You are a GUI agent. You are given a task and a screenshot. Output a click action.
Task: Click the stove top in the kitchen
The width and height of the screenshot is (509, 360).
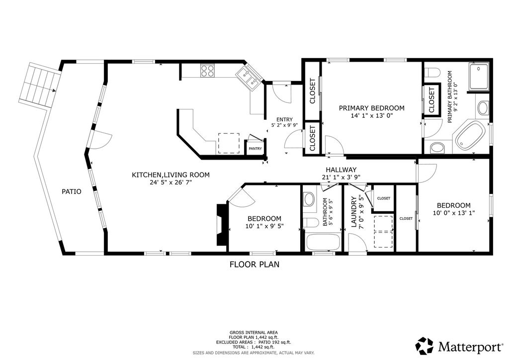point(207,71)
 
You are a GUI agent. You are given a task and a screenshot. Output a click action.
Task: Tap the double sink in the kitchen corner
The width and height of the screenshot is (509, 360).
point(249,78)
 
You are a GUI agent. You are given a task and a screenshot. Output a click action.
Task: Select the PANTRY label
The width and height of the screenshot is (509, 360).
point(255,149)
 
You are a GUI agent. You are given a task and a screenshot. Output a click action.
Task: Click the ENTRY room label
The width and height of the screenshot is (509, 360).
point(284,119)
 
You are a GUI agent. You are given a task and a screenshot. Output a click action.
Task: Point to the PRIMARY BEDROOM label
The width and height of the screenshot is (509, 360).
point(372,108)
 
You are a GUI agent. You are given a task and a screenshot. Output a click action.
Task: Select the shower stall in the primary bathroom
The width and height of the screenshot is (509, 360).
point(478,77)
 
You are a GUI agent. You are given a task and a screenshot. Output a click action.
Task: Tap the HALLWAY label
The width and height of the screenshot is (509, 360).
point(341,170)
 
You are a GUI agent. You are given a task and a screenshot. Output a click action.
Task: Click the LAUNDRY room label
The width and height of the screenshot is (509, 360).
point(354,212)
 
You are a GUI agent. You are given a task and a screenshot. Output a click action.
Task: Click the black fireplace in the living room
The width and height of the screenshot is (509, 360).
point(222,225)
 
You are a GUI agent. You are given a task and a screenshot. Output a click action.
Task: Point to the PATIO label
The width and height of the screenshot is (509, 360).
point(72,191)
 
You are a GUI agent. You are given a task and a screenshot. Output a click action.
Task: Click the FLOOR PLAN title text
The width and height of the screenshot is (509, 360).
point(254,265)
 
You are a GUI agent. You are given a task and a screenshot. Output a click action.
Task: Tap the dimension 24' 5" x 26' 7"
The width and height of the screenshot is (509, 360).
point(171,182)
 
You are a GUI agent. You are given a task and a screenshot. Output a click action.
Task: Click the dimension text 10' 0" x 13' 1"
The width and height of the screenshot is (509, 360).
point(454,213)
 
